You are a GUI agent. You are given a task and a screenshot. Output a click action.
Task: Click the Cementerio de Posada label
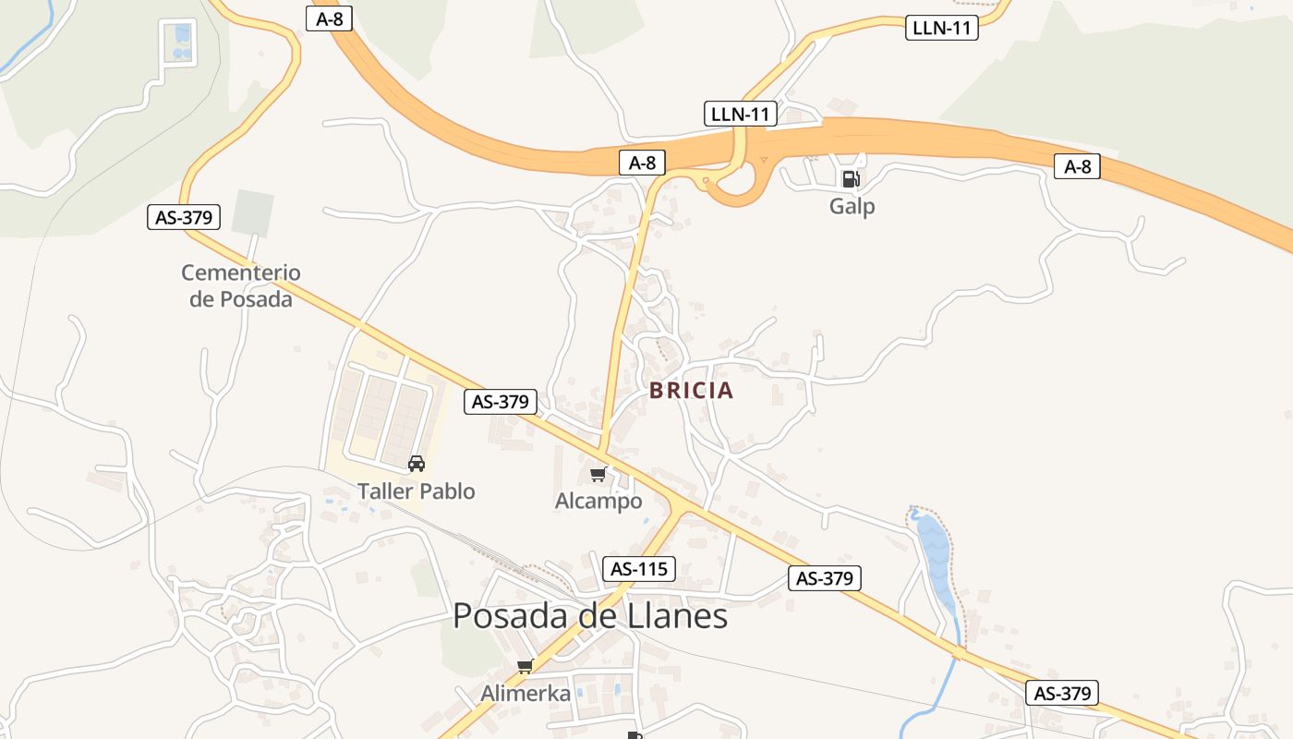[241, 285]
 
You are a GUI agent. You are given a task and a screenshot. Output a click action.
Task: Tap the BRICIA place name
[691, 391]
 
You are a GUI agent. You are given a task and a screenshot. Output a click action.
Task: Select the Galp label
[852, 206]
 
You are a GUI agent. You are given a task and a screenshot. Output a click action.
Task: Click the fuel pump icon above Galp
[851, 178]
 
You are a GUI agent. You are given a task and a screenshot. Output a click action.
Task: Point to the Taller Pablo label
[417, 491]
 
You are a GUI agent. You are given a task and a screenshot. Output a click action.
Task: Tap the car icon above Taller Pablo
[417, 463]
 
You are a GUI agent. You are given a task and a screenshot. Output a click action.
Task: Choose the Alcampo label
[598, 502]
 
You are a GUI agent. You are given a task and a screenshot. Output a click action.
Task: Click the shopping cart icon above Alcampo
[598, 475]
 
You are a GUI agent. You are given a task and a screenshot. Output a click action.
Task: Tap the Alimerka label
[526, 693]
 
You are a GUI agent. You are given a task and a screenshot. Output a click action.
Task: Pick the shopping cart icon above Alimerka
[525, 666]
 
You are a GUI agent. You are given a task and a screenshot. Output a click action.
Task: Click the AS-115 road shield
[639, 569]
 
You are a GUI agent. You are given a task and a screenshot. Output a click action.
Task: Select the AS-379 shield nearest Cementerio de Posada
[185, 218]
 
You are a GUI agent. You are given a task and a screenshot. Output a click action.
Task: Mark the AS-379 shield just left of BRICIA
[501, 402]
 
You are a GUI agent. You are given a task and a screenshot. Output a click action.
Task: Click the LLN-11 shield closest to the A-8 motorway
[741, 115]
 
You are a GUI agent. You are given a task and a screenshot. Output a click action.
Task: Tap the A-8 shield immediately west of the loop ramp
[642, 164]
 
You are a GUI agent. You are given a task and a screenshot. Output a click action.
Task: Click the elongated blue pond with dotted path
[935, 559]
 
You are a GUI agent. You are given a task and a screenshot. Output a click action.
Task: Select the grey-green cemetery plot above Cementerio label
[253, 212]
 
